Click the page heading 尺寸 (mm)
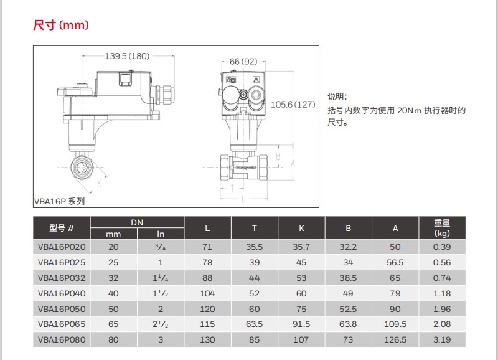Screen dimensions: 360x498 point(61,25)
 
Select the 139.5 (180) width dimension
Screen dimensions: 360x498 point(127,56)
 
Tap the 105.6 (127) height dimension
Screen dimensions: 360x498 point(294,104)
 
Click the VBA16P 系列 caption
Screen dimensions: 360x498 point(59,201)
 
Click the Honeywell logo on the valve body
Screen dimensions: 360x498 point(245,167)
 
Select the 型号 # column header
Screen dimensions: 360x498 point(62,228)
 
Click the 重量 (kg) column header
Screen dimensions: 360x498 point(441,228)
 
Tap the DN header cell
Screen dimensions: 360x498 point(137,222)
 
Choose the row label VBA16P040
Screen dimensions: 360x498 point(62,293)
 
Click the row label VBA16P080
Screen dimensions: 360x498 point(62,339)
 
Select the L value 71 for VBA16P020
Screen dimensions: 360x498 point(207,247)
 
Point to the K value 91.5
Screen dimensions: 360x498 point(301,324)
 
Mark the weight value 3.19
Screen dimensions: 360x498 point(441,339)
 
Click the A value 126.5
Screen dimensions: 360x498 point(395,339)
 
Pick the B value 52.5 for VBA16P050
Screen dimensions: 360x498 point(348,309)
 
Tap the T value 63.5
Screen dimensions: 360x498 point(254,324)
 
